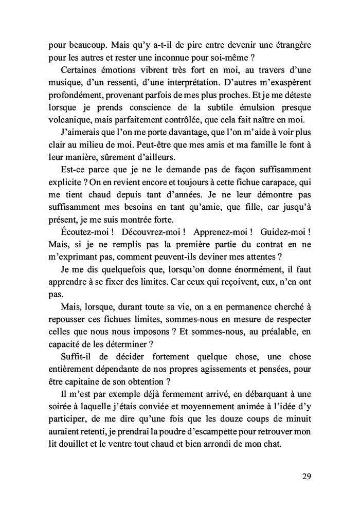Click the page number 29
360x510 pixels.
click(x=305, y=476)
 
